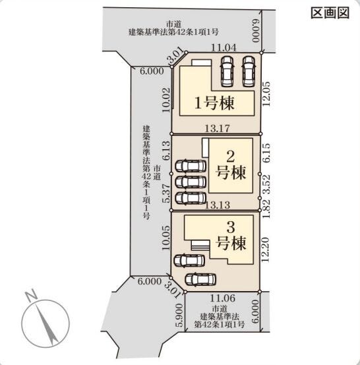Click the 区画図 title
coord(330,13)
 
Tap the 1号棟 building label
coord(214,103)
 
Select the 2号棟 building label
coord(231,165)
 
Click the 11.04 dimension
coord(224,48)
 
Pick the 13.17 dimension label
coord(217,128)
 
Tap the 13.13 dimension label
coord(218,205)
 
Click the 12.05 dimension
coord(266,94)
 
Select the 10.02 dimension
coord(167,100)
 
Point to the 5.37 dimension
coord(167,193)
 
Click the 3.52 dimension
coord(266,185)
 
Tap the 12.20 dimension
coord(265,249)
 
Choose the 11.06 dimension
coord(223,298)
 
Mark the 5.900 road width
coord(180,315)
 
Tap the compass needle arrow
coord(47,324)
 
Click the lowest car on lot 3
coord(200,279)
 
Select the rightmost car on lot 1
coord(249,71)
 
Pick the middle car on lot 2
coord(191,182)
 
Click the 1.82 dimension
coord(266,209)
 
